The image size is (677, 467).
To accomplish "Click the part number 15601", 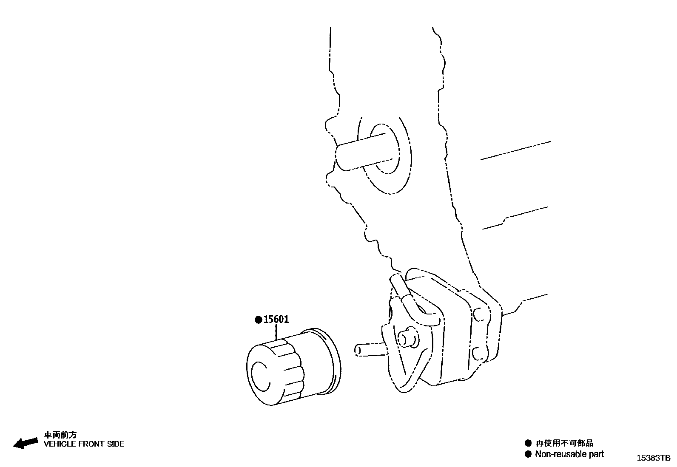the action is point(276,320).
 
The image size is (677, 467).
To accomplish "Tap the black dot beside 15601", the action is point(258,320).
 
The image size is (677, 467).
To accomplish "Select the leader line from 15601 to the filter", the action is point(277,332).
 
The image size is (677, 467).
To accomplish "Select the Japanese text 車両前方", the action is point(61,435).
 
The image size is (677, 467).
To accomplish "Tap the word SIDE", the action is point(116,444).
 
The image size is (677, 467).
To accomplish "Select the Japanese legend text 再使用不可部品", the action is point(564,443).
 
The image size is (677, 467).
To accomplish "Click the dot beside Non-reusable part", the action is point(528,454).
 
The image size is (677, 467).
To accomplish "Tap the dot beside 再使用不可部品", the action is point(528,443).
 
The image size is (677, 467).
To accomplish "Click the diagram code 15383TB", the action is point(653,458).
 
